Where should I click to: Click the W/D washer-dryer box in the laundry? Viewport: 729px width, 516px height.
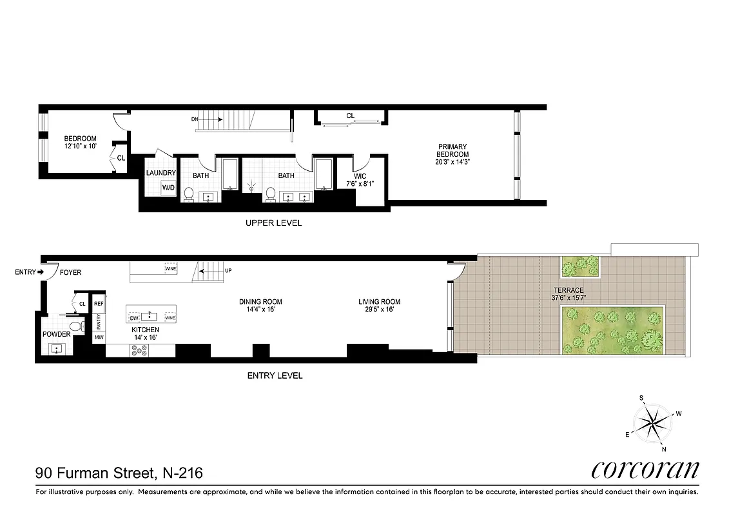tap(168, 188)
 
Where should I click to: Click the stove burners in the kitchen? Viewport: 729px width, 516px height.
tap(139, 350)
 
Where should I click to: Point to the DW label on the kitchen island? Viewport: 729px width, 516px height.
tap(134, 318)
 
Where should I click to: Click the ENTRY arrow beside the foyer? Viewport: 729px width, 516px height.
tap(40, 272)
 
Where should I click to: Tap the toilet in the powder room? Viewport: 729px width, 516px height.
tap(75, 326)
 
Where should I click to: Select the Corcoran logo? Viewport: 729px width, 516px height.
tap(645, 468)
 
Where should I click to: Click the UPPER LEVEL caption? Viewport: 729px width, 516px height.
tap(273, 223)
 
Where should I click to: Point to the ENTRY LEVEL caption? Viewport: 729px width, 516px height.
tap(275, 375)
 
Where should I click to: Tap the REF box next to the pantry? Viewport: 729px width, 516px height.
tap(99, 303)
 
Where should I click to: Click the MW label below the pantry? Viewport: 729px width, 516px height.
tap(99, 337)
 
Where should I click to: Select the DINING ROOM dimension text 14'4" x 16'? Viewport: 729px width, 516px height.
tap(260, 310)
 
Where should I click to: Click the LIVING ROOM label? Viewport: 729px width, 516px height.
tap(380, 301)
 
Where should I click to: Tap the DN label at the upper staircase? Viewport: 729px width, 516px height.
tap(195, 119)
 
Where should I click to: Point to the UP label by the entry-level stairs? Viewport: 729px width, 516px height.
tap(228, 270)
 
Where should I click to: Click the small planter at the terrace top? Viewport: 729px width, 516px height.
tap(580, 266)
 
